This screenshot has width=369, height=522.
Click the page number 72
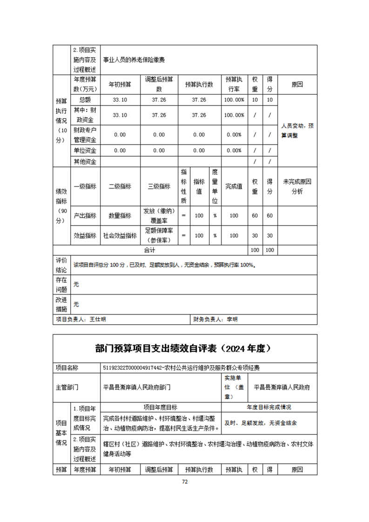(x=184, y=482)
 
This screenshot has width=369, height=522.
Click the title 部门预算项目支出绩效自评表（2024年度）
(x=185, y=348)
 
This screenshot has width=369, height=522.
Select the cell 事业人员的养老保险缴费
(x=134, y=60)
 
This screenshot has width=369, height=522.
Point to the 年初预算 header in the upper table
(x=120, y=85)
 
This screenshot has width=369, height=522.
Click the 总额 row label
(x=85, y=100)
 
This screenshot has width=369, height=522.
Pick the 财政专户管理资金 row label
(x=85, y=134)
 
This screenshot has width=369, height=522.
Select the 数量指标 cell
(x=120, y=216)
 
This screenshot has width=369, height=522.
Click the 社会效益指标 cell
(x=120, y=236)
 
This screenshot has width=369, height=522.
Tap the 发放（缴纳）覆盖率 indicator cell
(x=159, y=216)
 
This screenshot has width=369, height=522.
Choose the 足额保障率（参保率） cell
(x=159, y=236)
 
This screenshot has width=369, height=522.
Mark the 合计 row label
(x=150, y=250)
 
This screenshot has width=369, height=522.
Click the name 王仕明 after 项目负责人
(x=98, y=320)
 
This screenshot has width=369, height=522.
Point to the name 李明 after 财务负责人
(x=232, y=320)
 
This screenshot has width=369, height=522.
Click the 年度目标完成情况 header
(x=269, y=407)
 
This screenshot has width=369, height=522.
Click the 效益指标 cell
(x=85, y=236)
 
